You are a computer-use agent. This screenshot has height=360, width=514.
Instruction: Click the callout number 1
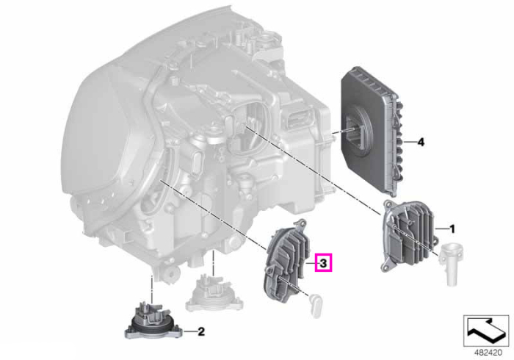point(452,228)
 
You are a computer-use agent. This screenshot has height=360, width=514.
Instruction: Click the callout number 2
point(201,331)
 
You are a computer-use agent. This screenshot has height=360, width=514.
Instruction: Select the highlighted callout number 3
point(323,262)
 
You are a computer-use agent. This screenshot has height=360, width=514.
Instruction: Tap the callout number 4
point(421,143)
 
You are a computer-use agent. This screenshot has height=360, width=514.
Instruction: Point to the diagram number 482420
point(488,353)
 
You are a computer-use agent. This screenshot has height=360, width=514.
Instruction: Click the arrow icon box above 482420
point(486,331)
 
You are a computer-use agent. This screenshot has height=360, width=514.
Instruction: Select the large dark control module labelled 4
point(370,132)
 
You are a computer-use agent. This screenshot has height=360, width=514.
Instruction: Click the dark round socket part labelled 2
point(153,321)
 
